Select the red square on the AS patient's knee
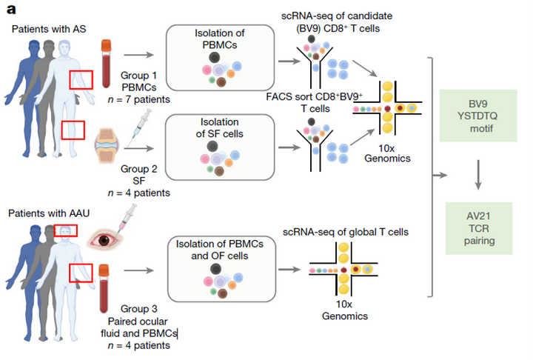click(73, 130)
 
